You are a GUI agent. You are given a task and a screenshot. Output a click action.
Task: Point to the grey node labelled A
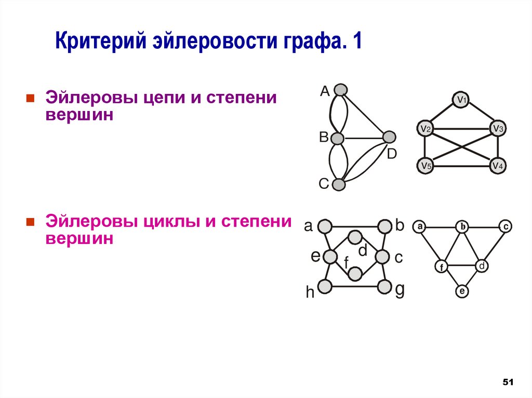pyautogui.click(x=340, y=90)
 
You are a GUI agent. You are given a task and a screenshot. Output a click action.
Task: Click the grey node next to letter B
pyautogui.click(x=338, y=139)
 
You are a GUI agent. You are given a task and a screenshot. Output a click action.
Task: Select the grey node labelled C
pyautogui.click(x=339, y=184)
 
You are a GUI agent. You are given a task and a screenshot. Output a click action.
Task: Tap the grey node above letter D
pyautogui.click(x=389, y=138)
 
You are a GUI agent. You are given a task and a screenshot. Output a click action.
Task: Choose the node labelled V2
pyautogui.click(x=425, y=128)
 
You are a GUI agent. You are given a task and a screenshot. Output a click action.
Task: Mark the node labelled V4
pyautogui.click(x=498, y=166)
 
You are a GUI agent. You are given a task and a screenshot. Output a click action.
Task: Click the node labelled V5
pyautogui.click(x=425, y=166)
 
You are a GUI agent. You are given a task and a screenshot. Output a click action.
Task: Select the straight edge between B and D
pyautogui.click(x=363, y=138)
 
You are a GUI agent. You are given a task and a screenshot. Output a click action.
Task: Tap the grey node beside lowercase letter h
pyautogui.click(x=325, y=286)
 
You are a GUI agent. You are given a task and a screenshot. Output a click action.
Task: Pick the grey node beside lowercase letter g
pyautogui.click(x=384, y=286)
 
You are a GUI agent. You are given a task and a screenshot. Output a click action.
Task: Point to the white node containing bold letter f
pyautogui.click(x=441, y=267)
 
